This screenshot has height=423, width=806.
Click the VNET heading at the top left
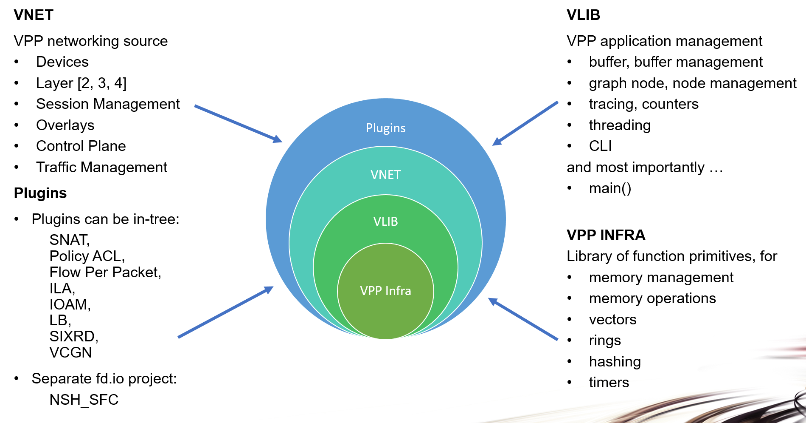pyautogui.click(x=34, y=15)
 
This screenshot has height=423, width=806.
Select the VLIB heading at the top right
pyautogui.click(x=583, y=15)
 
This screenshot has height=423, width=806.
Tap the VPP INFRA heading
pyautogui.click(x=606, y=235)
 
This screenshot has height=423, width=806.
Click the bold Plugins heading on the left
pyautogui.click(x=40, y=193)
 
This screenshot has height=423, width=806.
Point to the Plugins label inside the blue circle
pyautogui.click(x=385, y=128)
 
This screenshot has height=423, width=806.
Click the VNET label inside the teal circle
pyautogui.click(x=385, y=175)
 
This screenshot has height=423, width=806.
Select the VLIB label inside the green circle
pyautogui.click(x=385, y=221)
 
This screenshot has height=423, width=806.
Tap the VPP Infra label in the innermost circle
pyautogui.click(x=385, y=291)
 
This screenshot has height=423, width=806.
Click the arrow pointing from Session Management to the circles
pyautogui.click(x=238, y=123)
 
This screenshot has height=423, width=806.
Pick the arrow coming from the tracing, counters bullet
pyautogui.click(x=525, y=123)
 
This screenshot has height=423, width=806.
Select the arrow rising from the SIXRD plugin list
pyautogui.click(x=225, y=312)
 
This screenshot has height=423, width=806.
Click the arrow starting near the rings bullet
pyautogui.click(x=523, y=319)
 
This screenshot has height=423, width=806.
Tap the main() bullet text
pyautogui.click(x=610, y=188)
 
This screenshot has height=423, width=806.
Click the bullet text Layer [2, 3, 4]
pyautogui.click(x=81, y=83)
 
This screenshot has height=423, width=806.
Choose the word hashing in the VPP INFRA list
pyautogui.click(x=615, y=361)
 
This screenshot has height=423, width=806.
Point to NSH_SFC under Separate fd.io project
pyautogui.click(x=84, y=400)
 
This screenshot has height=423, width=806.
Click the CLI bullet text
pyautogui.click(x=600, y=146)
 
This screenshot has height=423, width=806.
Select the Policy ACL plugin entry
pyautogui.click(x=87, y=256)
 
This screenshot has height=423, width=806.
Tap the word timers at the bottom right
pyautogui.click(x=609, y=382)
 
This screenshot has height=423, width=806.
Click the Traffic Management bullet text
pyautogui.click(x=101, y=167)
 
